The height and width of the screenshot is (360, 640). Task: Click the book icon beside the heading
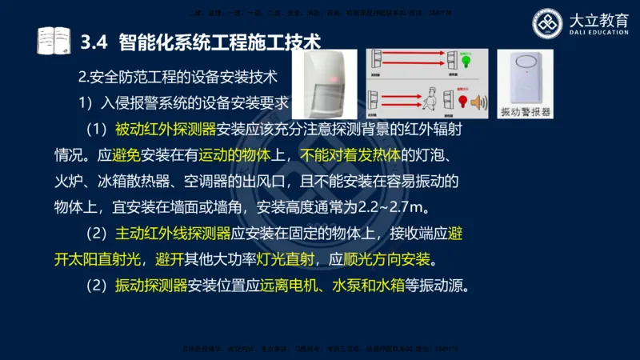[x=54, y=40]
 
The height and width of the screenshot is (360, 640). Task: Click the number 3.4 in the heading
[x=96, y=40]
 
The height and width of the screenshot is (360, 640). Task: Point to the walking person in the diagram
[x=429, y=99]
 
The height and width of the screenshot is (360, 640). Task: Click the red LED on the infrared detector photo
[x=328, y=82]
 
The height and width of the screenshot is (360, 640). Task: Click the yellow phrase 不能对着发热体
[x=349, y=155]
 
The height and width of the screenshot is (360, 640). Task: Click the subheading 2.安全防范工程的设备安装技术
[x=177, y=78]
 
